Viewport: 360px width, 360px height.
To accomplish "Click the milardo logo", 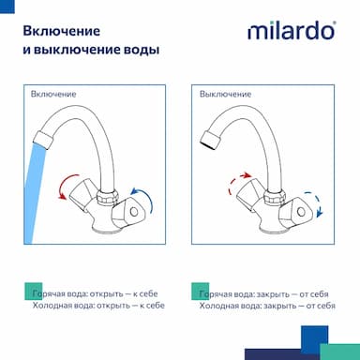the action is pyautogui.click(x=292, y=31).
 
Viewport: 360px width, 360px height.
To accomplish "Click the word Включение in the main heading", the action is pyautogui.click(x=62, y=31).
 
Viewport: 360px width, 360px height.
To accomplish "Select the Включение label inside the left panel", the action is pyautogui.click(x=53, y=94).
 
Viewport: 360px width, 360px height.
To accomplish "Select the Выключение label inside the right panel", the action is pyautogui.click(x=225, y=94).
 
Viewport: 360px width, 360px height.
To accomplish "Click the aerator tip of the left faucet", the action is pyautogui.click(x=43, y=141).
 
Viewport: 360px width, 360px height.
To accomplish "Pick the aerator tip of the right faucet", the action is pyautogui.click(x=210, y=141).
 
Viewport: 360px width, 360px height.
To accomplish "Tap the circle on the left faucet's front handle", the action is pyautogui.click(x=134, y=212).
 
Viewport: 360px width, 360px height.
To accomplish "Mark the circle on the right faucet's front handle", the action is pyautogui.click(x=301, y=212).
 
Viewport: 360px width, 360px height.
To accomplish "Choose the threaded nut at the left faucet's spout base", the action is pyautogui.click(x=108, y=198).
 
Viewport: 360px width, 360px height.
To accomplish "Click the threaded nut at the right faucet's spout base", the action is pyautogui.click(x=275, y=198).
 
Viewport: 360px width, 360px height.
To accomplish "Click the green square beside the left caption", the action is pyautogui.click(x=33, y=292).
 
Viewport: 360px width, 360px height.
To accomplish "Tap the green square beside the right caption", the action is pyautogui.click(x=201, y=292).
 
